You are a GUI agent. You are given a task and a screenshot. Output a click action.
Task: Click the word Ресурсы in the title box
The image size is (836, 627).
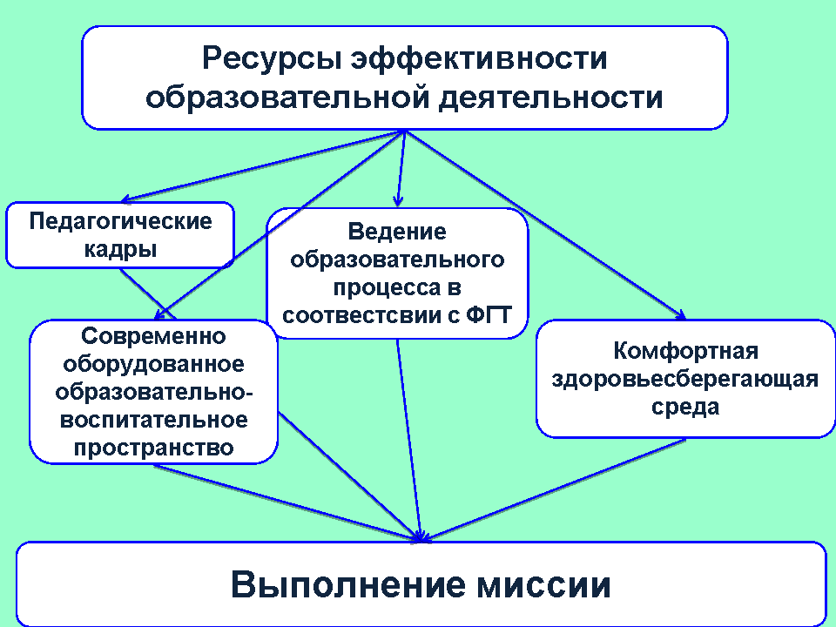pos(272,57)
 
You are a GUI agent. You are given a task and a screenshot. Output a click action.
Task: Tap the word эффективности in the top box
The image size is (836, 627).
pos(479,57)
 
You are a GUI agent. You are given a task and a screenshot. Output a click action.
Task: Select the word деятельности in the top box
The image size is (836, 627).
pos(550,98)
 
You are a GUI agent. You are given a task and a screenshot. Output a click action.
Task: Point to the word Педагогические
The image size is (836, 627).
pos(120,221)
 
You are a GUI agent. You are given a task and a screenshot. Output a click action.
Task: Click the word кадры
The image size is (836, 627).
pos(120,250)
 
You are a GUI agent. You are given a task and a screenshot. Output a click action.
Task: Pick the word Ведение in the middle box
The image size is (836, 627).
pos(397,232)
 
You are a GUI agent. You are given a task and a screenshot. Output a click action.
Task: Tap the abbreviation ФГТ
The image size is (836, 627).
pos(489,314)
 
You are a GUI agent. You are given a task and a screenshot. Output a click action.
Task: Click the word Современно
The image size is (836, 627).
pos(153,336)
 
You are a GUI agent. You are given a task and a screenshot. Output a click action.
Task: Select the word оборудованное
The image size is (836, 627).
pos(153,364)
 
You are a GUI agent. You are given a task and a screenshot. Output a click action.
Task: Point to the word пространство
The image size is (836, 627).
pos(153,448)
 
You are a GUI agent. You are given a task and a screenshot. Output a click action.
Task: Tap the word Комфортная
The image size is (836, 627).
pos(685,351)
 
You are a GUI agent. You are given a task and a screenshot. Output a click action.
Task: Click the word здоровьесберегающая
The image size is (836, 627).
pos(685,379)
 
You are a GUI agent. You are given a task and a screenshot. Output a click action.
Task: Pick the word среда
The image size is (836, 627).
pos(685,407)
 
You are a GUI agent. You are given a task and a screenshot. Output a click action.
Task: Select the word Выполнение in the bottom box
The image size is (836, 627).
pos(347,584)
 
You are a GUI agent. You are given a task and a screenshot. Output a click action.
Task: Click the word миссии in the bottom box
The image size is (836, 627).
pos(543,585)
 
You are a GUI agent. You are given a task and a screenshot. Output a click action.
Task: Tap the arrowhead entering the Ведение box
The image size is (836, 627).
pos(397,201)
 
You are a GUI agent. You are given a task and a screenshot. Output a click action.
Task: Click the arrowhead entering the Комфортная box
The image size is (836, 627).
pos(680,315)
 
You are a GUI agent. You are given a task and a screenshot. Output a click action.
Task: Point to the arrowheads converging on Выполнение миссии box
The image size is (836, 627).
pos(421,537)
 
